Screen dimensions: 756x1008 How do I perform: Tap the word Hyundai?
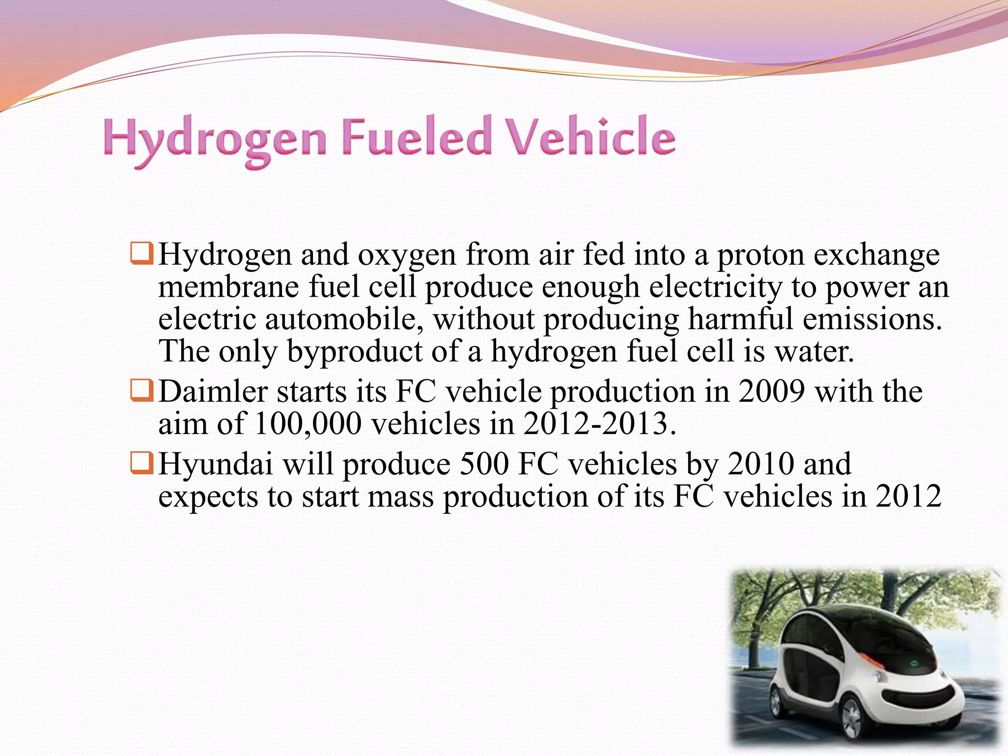[x=216, y=464]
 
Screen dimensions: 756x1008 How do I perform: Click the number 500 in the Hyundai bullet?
[x=483, y=464]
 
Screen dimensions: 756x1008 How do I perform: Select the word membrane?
[x=228, y=287]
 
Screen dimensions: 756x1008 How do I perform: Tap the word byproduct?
[x=354, y=351]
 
